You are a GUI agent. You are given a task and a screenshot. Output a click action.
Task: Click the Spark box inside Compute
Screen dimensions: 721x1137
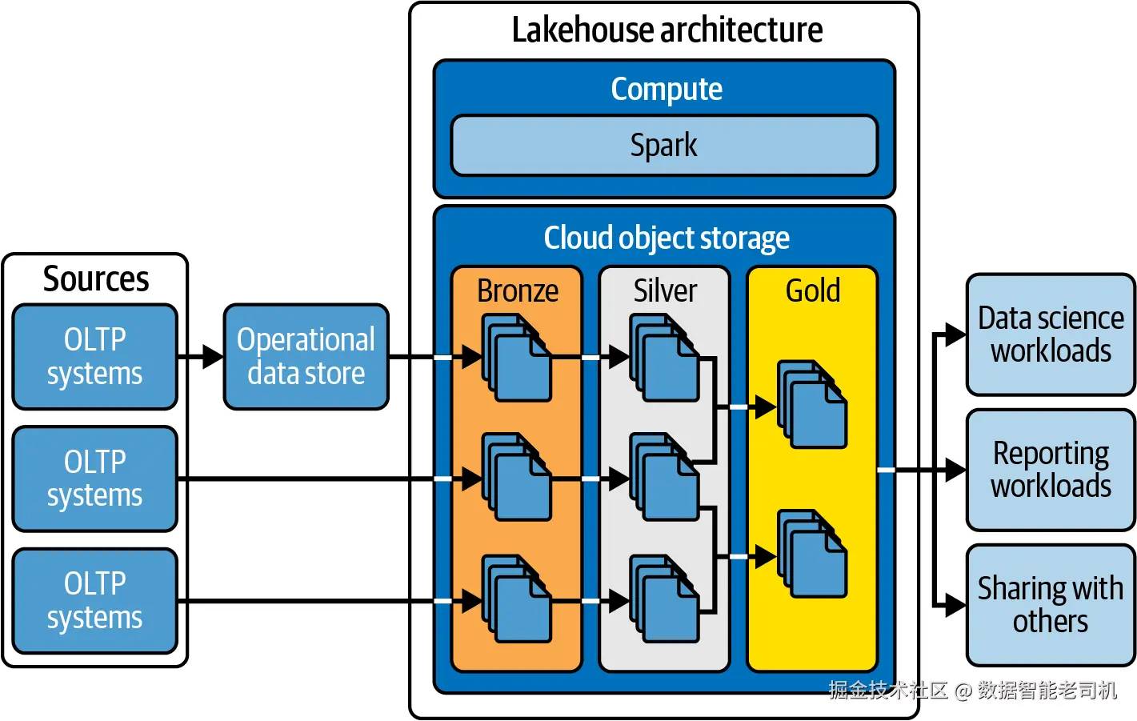click(664, 146)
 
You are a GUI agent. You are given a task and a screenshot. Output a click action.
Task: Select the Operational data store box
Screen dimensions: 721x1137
click(306, 357)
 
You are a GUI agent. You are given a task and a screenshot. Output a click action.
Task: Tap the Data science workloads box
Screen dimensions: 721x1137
click(1051, 334)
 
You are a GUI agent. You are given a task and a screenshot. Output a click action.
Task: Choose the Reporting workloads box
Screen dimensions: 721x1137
click(1051, 470)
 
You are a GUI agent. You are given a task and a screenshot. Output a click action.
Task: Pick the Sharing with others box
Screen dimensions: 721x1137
click(1051, 605)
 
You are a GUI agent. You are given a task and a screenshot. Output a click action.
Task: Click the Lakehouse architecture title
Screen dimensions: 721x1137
click(667, 30)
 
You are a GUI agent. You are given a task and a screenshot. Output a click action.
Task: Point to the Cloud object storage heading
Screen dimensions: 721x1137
click(667, 238)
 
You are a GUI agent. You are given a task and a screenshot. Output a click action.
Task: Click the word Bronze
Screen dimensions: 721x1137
click(518, 290)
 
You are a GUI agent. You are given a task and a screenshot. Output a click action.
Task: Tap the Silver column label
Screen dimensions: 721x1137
click(665, 290)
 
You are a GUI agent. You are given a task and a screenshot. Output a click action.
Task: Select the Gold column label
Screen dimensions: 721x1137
click(813, 290)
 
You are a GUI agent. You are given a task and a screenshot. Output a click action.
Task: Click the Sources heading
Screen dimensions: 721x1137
click(96, 279)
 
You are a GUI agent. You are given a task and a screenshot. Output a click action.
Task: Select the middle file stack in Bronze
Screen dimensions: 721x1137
click(517, 477)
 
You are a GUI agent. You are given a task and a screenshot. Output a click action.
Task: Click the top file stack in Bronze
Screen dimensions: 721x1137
click(517, 358)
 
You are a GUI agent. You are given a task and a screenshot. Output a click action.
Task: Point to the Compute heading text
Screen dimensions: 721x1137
click(667, 89)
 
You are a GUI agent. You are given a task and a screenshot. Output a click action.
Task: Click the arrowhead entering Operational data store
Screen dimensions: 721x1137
click(214, 357)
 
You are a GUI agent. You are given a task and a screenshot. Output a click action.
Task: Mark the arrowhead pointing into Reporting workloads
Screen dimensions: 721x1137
click(956, 471)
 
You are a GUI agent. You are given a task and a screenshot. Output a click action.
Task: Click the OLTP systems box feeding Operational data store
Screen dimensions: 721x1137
click(95, 357)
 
